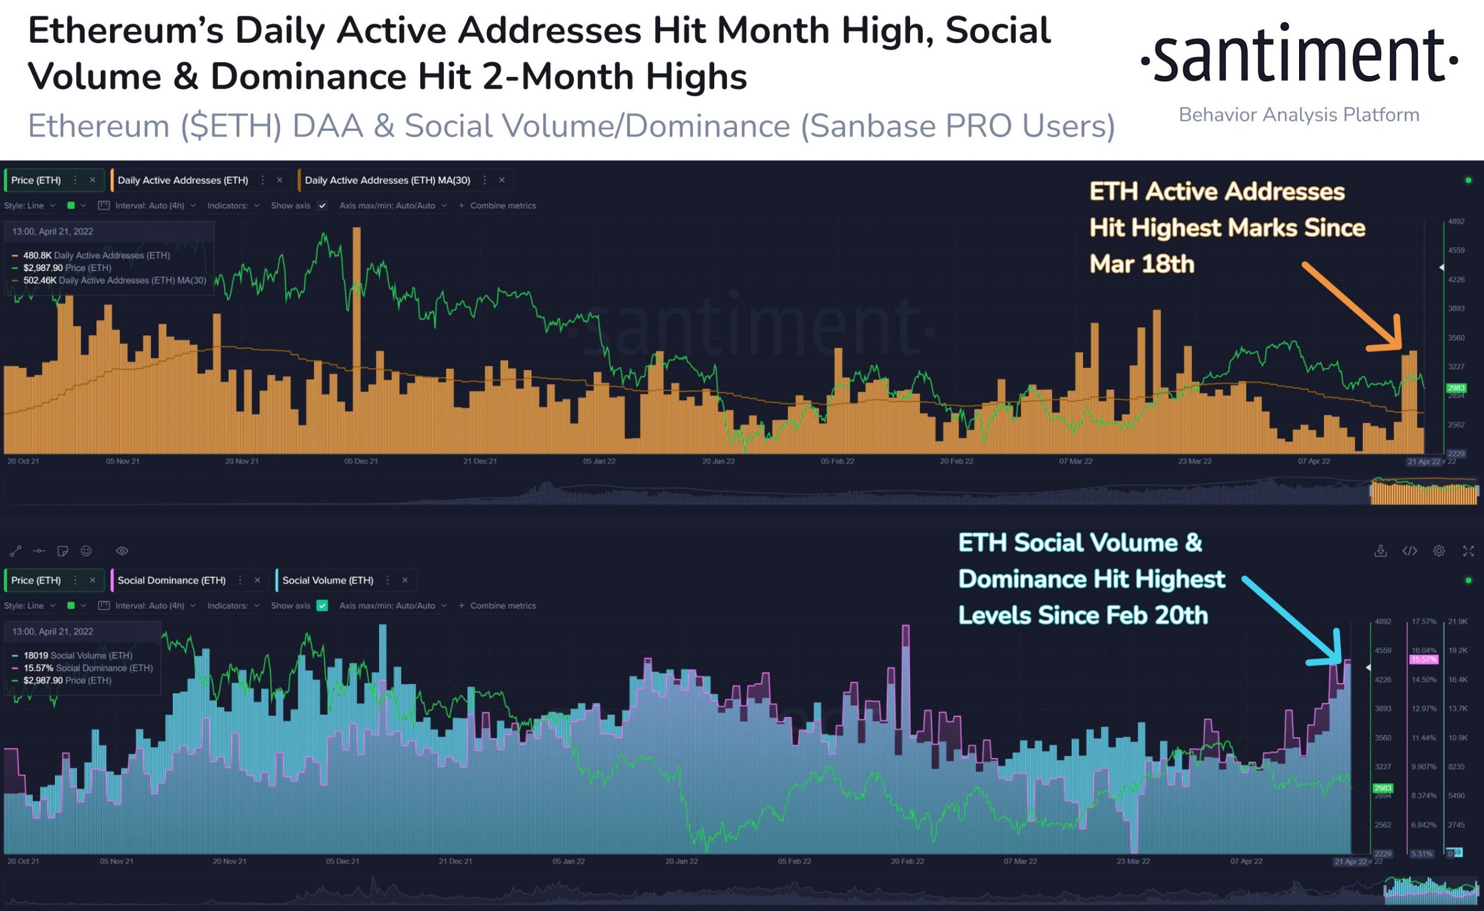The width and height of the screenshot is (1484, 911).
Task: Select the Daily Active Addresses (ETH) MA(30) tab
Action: (x=387, y=180)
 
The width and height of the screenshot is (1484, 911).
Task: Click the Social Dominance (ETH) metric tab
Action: (x=171, y=580)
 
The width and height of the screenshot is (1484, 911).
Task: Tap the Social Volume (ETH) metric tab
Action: (x=328, y=580)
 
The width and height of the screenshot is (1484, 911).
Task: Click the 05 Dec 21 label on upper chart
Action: (x=361, y=462)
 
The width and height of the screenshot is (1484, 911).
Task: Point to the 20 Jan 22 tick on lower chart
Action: (x=681, y=862)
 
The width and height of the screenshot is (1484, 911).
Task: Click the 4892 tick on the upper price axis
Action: (x=1456, y=222)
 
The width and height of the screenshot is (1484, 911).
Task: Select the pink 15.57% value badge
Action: (x=1423, y=660)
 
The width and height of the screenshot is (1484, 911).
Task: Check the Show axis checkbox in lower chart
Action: (x=322, y=606)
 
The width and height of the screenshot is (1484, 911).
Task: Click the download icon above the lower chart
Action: (x=1380, y=551)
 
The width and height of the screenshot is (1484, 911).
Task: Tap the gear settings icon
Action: (x=1439, y=551)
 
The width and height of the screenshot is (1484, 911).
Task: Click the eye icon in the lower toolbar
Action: (x=122, y=551)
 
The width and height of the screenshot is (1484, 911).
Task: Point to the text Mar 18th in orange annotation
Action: (x=1141, y=264)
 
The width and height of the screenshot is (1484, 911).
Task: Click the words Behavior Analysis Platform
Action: (x=1299, y=115)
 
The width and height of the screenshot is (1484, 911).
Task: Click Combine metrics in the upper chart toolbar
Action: (x=497, y=206)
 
